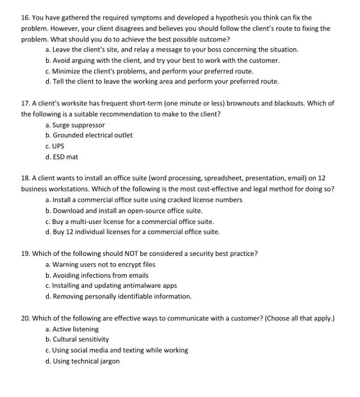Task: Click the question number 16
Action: tap(26, 18)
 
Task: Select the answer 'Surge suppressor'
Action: tap(78, 125)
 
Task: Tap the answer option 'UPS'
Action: tap(58, 146)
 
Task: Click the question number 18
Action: tap(26, 178)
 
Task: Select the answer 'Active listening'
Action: tap(75, 329)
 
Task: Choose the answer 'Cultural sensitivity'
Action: tap(81, 340)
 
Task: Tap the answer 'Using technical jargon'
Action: tap(86, 361)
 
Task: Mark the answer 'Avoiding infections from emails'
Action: tap(101, 275)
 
